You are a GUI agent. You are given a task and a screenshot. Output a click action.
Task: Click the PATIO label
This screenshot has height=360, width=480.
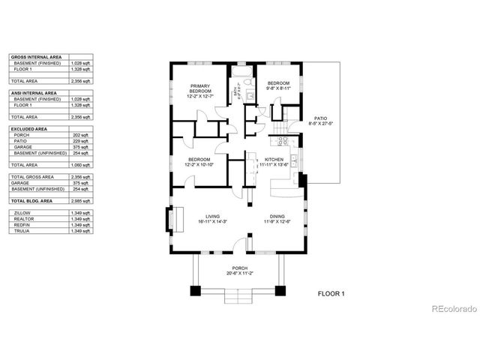click(x=320, y=118)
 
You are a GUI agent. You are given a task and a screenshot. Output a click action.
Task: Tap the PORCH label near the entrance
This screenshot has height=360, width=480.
click(x=239, y=268)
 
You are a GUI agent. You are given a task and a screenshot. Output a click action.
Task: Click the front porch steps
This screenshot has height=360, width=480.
click(x=239, y=297)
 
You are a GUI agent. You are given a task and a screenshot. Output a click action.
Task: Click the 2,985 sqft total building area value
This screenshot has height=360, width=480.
click(x=81, y=202)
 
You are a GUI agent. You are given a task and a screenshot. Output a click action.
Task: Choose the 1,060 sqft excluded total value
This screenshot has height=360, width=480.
click(x=81, y=164)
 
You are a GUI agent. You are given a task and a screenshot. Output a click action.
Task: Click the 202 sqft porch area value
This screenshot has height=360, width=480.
click(x=81, y=135)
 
